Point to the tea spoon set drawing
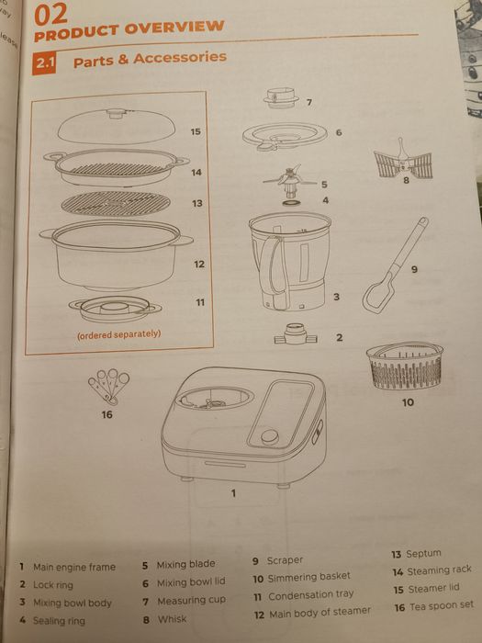click(x=108, y=386)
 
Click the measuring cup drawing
click(x=281, y=97)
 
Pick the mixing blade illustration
click(x=291, y=176)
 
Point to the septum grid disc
click(x=116, y=203)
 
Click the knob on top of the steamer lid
click(x=116, y=114)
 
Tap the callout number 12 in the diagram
click(x=198, y=265)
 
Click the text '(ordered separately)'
click(x=118, y=334)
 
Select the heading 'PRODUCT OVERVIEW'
click(x=129, y=28)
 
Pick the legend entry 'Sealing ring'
click(x=58, y=621)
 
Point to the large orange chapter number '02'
click(x=51, y=13)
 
